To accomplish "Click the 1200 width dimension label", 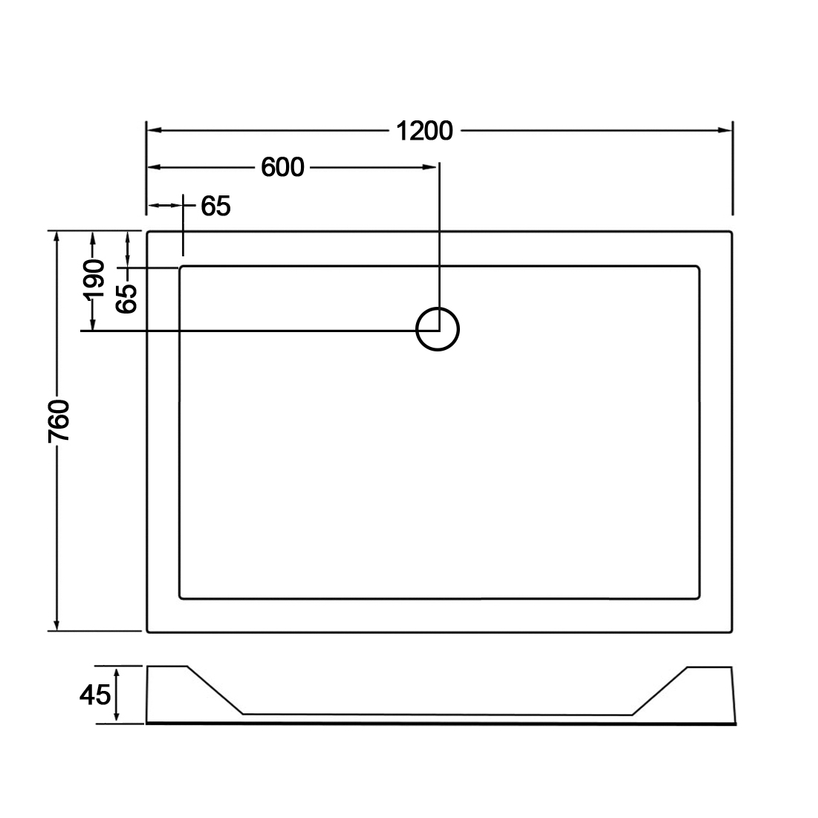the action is pyautogui.click(x=424, y=131).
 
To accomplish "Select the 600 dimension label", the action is pyautogui.click(x=282, y=167).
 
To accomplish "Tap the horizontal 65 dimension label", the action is pyautogui.click(x=215, y=206).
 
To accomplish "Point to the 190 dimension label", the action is pyautogui.click(x=94, y=279).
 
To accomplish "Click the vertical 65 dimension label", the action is pyautogui.click(x=126, y=299).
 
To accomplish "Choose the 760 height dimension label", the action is pyautogui.click(x=59, y=421).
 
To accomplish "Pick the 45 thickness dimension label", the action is pyautogui.click(x=95, y=695).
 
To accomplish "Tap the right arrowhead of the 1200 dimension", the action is pyautogui.click(x=725, y=131).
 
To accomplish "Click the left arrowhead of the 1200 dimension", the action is pyautogui.click(x=154, y=131).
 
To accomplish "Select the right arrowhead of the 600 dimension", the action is pyautogui.click(x=429, y=167).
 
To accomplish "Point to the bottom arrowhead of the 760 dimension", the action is pyautogui.click(x=57, y=624).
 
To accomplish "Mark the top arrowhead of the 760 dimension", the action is pyautogui.click(x=57, y=238).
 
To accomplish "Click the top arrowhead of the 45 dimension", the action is pyautogui.click(x=117, y=674).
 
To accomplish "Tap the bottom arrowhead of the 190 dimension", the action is pyautogui.click(x=93, y=323).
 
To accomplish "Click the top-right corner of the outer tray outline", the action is pyautogui.click(x=731, y=232).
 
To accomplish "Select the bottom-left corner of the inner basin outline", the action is pyautogui.click(x=181, y=598).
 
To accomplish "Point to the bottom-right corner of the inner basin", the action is pyautogui.click(x=698, y=598).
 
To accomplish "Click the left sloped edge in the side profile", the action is pyautogui.click(x=215, y=690).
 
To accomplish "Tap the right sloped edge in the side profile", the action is pyautogui.click(x=660, y=691).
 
